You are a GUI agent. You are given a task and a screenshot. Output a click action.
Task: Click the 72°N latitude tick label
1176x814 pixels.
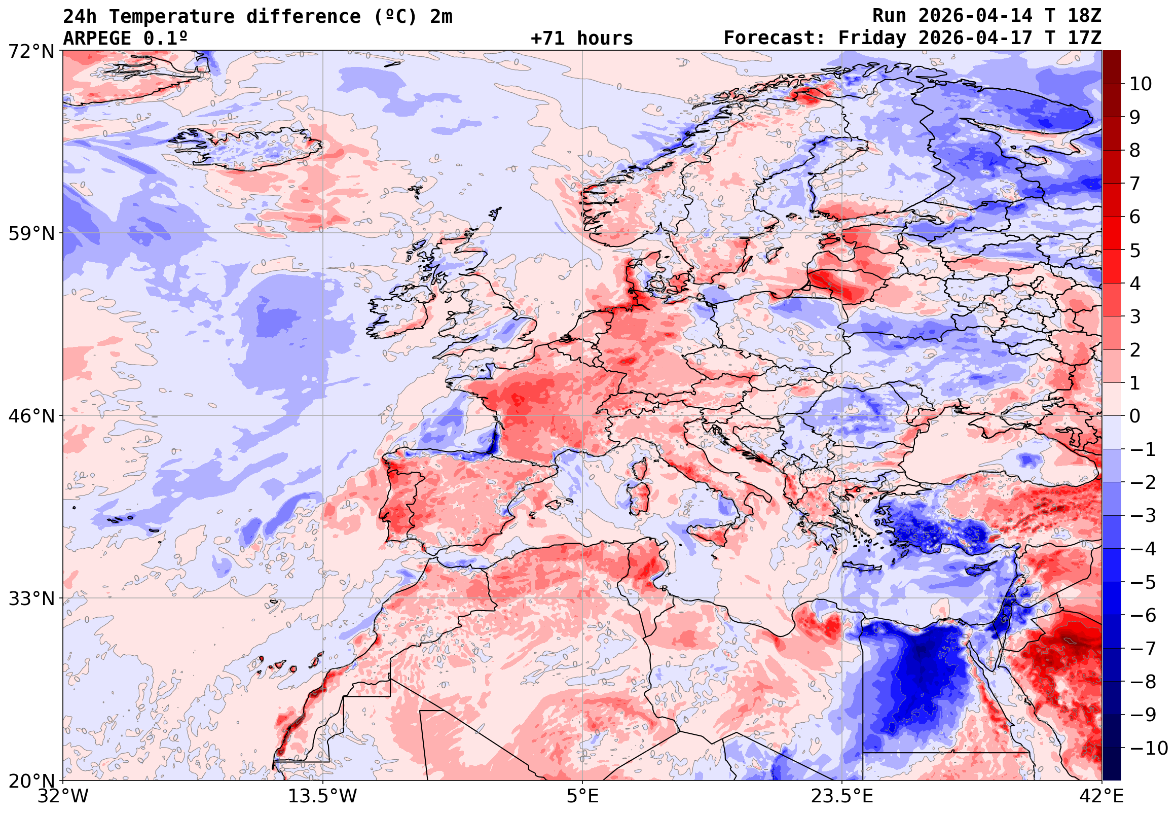(x=31, y=51)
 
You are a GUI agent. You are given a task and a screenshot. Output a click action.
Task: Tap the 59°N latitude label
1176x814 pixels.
(x=31, y=234)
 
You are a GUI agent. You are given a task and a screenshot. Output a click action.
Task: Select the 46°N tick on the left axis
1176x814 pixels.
(x=31, y=416)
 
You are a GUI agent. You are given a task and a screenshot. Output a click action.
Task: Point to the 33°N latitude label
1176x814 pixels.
(x=31, y=598)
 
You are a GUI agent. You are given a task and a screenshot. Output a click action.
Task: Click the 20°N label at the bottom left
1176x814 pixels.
(x=31, y=781)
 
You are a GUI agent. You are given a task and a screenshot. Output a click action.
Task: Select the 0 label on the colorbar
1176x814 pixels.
(x=1135, y=416)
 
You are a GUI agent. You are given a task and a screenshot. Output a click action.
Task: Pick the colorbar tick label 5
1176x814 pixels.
(x=1135, y=251)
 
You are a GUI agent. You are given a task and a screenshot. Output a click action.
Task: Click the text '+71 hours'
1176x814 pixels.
(x=581, y=38)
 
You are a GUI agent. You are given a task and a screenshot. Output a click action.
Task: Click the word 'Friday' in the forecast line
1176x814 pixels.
(x=872, y=38)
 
